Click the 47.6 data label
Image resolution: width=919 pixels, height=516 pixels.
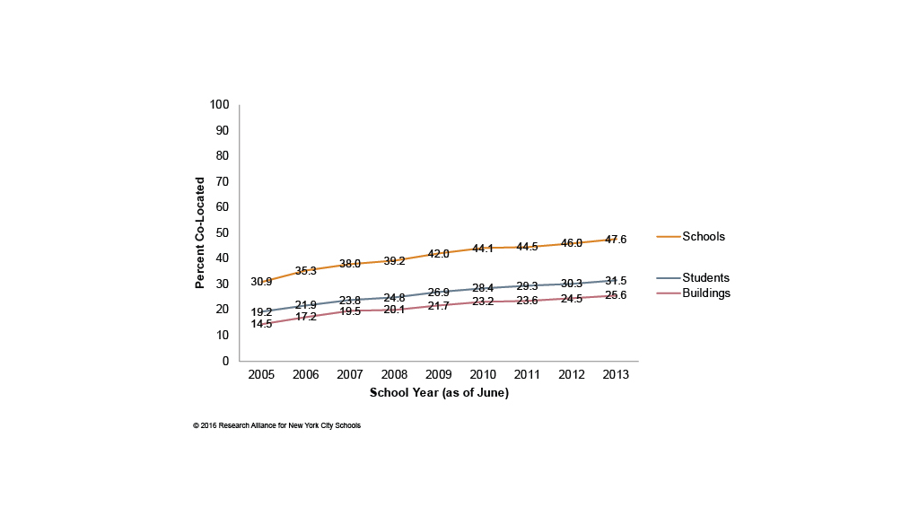[616, 240]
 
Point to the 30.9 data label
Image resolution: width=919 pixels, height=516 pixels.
[261, 282]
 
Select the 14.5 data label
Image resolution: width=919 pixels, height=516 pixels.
[261, 324]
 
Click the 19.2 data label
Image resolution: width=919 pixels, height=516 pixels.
[261, 312]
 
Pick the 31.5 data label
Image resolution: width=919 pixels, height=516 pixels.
[616, 281]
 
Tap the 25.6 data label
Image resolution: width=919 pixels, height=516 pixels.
[616, 295]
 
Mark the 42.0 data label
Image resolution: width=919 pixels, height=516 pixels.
[438, 254]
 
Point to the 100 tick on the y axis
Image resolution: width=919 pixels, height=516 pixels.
[220, 105]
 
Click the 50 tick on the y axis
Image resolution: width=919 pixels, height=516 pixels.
[223, 233]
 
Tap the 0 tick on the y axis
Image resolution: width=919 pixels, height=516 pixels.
[226, 362]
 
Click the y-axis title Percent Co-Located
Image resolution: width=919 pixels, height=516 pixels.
[200, 232]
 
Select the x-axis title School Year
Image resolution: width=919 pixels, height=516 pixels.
[439, 393]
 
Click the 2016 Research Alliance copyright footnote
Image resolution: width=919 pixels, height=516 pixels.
[276, 425]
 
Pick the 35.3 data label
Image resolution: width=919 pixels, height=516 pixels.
[306, 269]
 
